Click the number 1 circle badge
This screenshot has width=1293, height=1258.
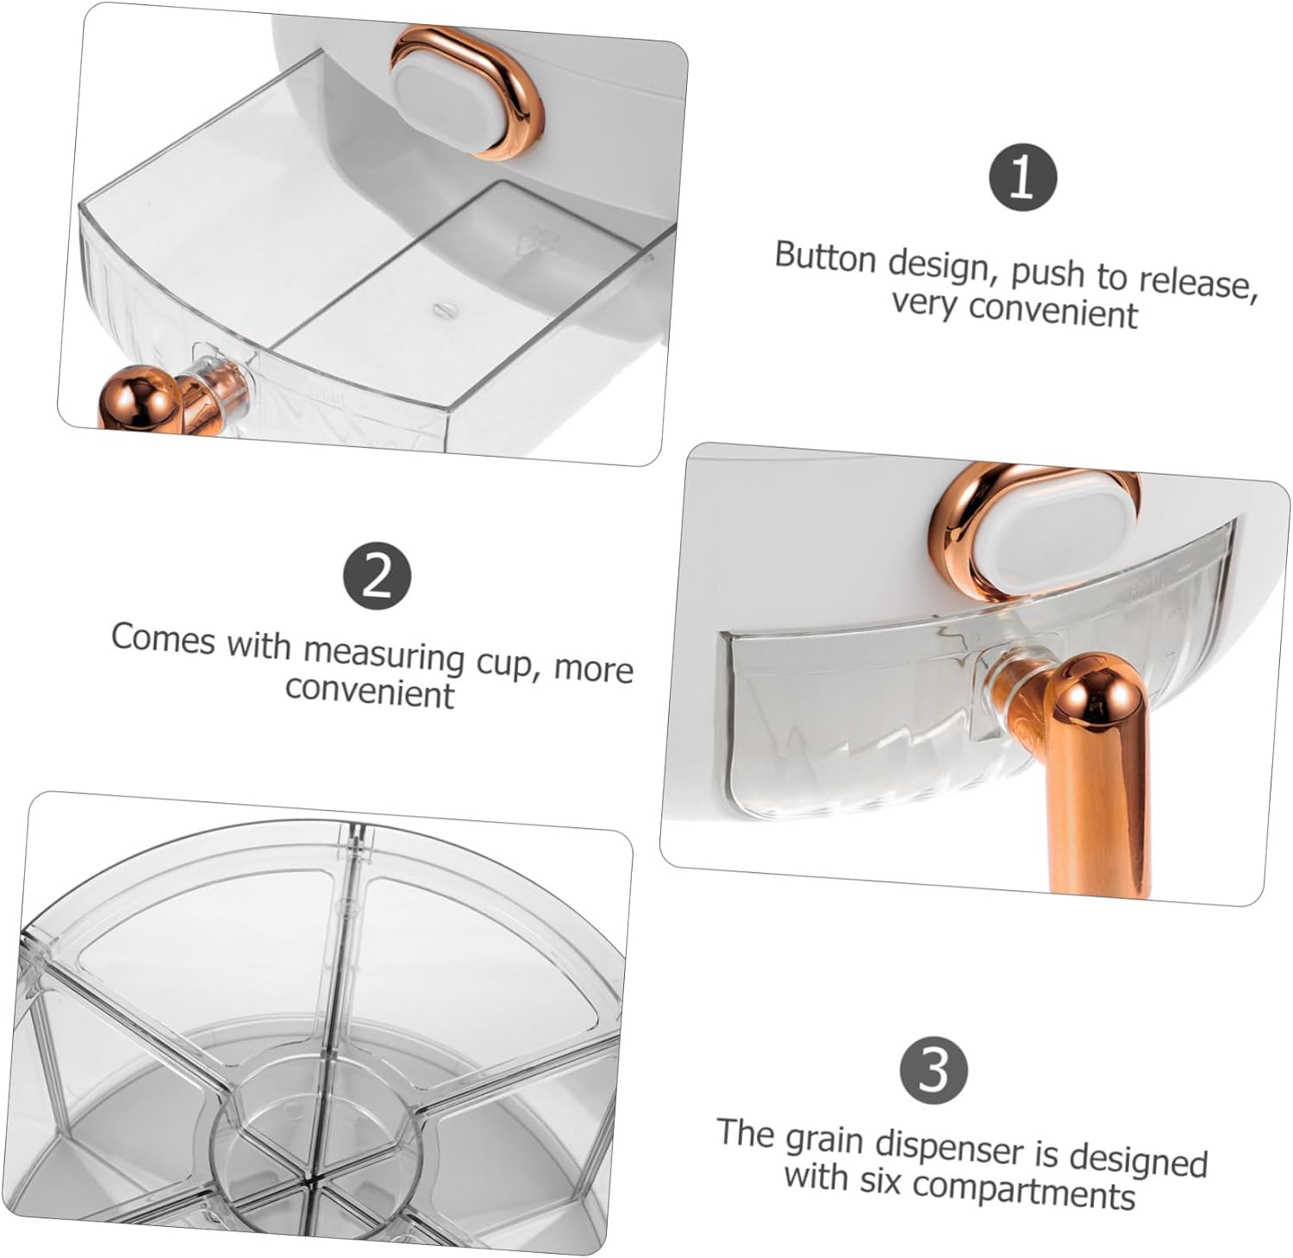click(1021, 177)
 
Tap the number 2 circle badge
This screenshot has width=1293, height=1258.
click(378, 576)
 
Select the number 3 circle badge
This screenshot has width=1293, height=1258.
click(934, 1070)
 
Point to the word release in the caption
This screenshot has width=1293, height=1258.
click(1193, 282)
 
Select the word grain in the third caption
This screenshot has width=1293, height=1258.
click(824, 1140)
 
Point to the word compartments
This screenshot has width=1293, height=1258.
click(1023, 1189)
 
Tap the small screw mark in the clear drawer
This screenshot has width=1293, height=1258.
click(442, 307)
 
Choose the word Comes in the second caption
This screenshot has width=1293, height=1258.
click(163, 638)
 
